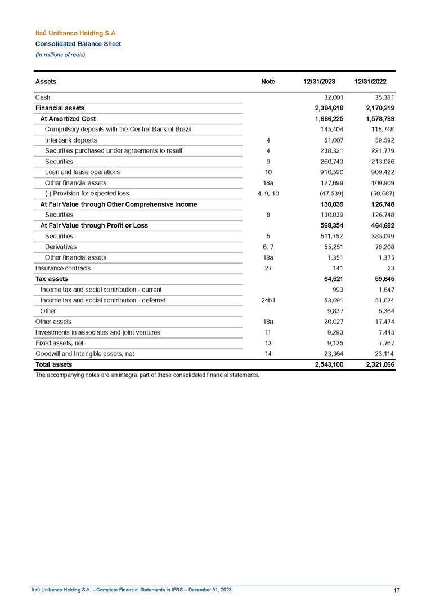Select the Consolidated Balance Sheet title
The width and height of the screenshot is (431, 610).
point(78,44)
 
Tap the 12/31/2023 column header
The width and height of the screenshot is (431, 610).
point(320,82)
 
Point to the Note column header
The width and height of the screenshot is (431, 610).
point(268,82)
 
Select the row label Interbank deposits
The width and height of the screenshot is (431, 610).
point(71,140)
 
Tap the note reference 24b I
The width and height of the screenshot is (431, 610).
point(268,300)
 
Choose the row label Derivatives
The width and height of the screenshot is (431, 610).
point(61,247)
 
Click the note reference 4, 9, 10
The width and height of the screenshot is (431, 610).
point(268,193)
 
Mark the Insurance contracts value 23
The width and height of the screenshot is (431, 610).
point(390,268)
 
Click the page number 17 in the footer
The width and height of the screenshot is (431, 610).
point(397,590)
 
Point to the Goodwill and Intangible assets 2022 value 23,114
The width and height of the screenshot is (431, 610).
point(384,354)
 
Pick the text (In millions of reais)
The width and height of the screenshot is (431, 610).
point(60,54)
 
